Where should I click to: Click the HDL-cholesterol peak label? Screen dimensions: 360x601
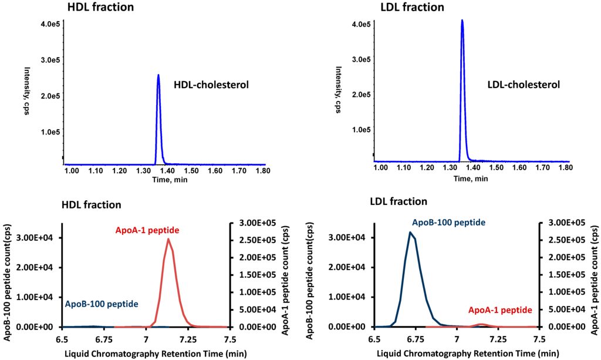tap(211, 85)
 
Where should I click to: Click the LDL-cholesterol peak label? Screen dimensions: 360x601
tap(524, 85)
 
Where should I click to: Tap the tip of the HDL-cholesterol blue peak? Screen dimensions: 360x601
tap(158, 75)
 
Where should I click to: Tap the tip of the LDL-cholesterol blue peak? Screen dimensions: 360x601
tap(462, 21)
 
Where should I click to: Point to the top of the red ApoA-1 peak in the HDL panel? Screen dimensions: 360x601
tap(168, 239)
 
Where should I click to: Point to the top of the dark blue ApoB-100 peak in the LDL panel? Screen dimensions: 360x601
tap(410, 233)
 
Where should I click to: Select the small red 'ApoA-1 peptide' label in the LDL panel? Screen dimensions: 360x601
tap(500, 309)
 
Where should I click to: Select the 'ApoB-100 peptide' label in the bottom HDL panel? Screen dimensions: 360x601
tap(102, 304)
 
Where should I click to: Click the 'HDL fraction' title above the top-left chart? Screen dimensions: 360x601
tap(100, 8)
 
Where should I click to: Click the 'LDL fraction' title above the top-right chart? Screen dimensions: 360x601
tap(411, 8)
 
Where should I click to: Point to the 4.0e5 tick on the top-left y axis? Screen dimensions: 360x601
tap(49, 24)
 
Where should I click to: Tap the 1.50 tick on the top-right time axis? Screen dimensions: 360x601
tap(497, 167)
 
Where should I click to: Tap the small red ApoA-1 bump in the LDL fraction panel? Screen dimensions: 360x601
tap(481, 324)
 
